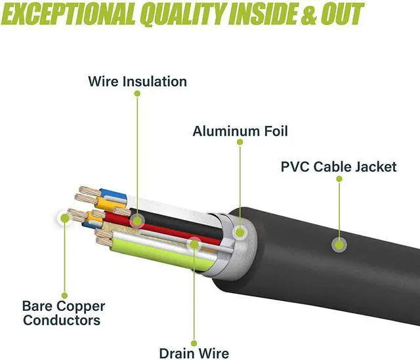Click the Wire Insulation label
[x=138, y=82]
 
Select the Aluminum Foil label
[x=240, y=131]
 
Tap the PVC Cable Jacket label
[x=339, y=167]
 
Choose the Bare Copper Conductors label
[x=64, y=313]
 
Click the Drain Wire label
[x=194, y=353]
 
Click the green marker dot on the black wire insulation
[x=138, y=220]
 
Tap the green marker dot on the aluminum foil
[x=240, y=231]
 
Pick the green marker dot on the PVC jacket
[x=339, y=245]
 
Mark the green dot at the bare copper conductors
[x=64, y=218]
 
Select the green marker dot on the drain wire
[x=194, y=245]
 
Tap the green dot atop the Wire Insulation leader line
[x=138, y=94]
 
